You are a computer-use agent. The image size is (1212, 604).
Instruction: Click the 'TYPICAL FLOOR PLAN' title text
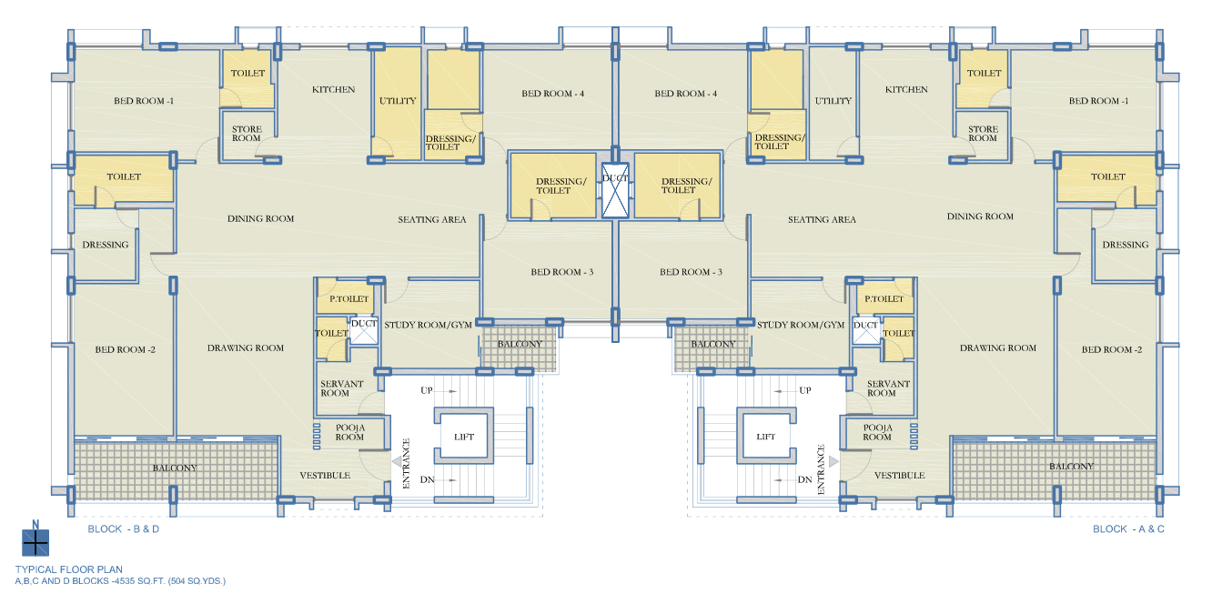(69, 569)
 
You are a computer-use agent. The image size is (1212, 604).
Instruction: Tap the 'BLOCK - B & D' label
(124, 528)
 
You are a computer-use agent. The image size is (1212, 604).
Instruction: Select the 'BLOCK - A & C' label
(1128, 528)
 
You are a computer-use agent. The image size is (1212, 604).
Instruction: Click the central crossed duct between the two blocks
(615, 191)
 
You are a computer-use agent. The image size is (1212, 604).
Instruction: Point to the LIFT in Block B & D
(464, 436)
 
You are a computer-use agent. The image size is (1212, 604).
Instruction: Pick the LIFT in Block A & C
(765, 436)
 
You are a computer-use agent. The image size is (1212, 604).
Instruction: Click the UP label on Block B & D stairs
(427, 390)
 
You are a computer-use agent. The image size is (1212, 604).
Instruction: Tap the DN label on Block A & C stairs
(804, 479)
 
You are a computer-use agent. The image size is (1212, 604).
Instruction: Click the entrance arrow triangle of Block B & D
(397, 461)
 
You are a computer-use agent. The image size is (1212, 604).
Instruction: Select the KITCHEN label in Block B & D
(333, 89)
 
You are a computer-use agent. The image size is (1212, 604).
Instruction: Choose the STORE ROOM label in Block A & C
(983, 134)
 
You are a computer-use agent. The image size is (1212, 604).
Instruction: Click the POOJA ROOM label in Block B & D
(350, 432)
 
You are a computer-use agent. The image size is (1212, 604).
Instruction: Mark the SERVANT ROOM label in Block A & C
(888, 388)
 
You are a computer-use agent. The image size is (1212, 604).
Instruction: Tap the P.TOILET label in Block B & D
(349, 298)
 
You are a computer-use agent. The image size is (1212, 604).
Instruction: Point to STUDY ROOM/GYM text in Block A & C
(801, 325)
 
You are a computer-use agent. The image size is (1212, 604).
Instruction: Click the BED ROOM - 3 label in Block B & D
(562, 272)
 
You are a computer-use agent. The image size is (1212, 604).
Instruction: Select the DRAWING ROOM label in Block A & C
(998, 347)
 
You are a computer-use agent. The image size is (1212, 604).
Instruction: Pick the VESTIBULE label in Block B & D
(325, 476)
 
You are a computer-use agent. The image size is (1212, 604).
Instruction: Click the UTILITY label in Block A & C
(833, 101)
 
